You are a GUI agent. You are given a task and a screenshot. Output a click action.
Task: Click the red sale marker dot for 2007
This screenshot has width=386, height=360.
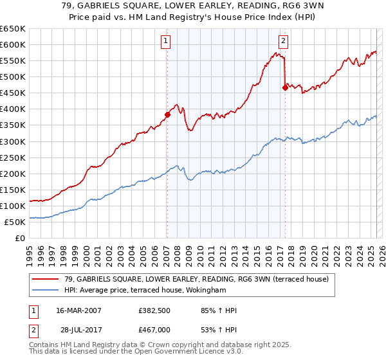coord(167,114)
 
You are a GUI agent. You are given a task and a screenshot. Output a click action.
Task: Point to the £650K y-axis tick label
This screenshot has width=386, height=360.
coord(13,29)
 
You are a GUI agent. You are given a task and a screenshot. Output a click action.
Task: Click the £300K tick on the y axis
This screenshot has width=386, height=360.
coord(13,141)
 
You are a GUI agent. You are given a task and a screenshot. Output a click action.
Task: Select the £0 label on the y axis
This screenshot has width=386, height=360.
coord(21,239)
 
